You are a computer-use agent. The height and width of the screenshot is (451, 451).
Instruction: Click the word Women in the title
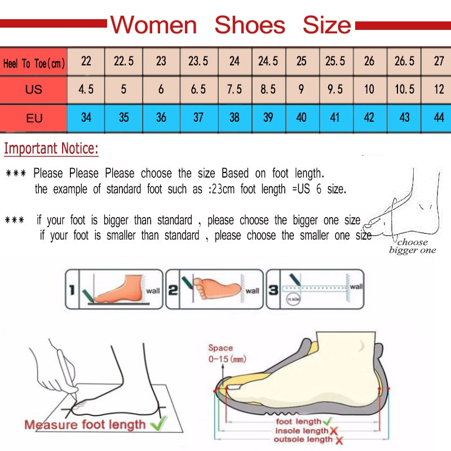click(x=153, y=25)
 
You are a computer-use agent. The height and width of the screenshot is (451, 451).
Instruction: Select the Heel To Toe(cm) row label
click(x=34, y=63)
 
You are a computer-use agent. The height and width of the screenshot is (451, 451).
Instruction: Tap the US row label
click(x=34, y=90)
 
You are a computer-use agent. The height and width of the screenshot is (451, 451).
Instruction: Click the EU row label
click(x=34, y=118)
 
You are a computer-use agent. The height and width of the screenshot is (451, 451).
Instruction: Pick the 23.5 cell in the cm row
click(x=198, y=61)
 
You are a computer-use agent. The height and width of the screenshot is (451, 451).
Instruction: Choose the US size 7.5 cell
click(x=235, y=90)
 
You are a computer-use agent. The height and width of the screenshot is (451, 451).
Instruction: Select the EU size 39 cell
click(x=268, y=118)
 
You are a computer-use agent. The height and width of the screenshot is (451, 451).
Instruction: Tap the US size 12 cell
click(x=439, y=90)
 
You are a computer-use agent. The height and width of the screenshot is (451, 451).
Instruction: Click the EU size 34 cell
click(x=86, y=118)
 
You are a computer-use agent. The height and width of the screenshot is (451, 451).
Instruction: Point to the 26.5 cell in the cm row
click(x=404, y=61)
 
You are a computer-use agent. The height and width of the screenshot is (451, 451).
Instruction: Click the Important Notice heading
click(x=51, y=149)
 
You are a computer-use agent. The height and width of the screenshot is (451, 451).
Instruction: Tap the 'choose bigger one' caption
click(x=413, y=246)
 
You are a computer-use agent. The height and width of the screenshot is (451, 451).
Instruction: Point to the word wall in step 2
click(x=252, y=291)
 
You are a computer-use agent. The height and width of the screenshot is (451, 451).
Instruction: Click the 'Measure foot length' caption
click(x=85, y=424)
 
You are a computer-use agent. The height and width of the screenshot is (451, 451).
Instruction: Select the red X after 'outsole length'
click(x=337, y=440)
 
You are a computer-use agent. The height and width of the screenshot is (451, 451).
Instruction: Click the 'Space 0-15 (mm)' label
click(x=227, y=353)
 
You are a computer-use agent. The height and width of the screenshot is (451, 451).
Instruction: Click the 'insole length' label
click(x=302, y=431)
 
